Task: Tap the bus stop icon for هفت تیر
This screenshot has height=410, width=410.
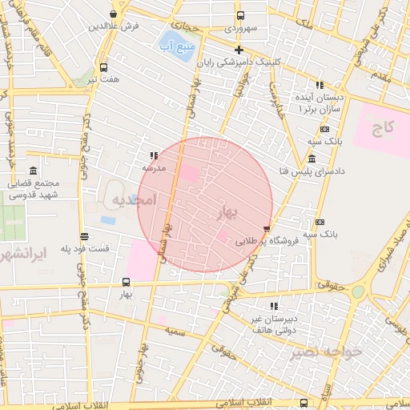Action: point(103,67)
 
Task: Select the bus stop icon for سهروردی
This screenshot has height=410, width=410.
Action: point(239,15)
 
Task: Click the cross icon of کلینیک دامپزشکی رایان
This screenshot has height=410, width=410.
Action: point(239,50)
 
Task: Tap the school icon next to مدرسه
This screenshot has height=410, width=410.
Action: point(153,156)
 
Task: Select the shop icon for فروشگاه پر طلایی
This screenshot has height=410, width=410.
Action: point(267,228)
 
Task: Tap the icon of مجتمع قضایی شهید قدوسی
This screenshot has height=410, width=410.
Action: point(33,171)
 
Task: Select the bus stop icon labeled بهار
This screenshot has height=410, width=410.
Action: point(126,282)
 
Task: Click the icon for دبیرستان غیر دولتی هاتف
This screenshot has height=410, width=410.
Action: point(275,306)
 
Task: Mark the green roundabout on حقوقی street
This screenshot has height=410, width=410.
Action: point(358,292)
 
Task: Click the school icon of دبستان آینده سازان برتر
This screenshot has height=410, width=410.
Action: point(320,85)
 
